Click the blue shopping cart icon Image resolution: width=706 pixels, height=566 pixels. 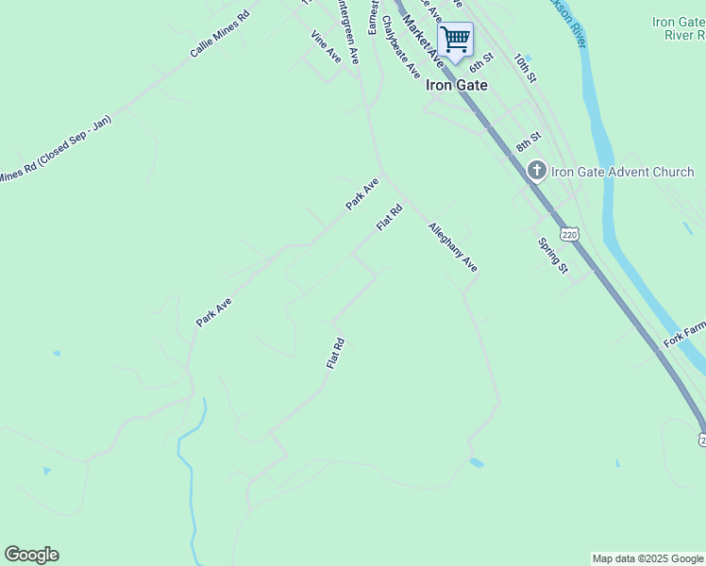[x=455, y=40]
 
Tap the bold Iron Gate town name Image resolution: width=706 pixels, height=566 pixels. [x=457, y=84]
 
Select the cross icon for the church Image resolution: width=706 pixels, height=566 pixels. [x=536, y=171]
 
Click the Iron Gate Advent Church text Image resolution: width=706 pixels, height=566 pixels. [x=623, y=172]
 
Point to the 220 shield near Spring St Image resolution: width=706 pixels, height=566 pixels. [x=567, y=232]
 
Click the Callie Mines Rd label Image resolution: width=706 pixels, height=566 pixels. [x=220, y=35]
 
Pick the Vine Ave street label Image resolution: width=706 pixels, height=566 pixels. [x=326, y=47]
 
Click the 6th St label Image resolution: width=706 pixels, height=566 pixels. [x=482, y=61]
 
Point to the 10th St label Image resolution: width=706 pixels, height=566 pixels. [x=525, y=66]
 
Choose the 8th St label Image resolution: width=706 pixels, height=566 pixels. [x=529, y=142]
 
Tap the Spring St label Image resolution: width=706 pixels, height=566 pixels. [x=552, y=256]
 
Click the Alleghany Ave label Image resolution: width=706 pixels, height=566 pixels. [x=453, y=247]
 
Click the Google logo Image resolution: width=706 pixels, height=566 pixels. [x=31, y=555]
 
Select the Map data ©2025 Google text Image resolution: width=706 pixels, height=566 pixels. [x=647, y=558]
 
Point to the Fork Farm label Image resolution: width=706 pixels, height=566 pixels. [x=684, y=333]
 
